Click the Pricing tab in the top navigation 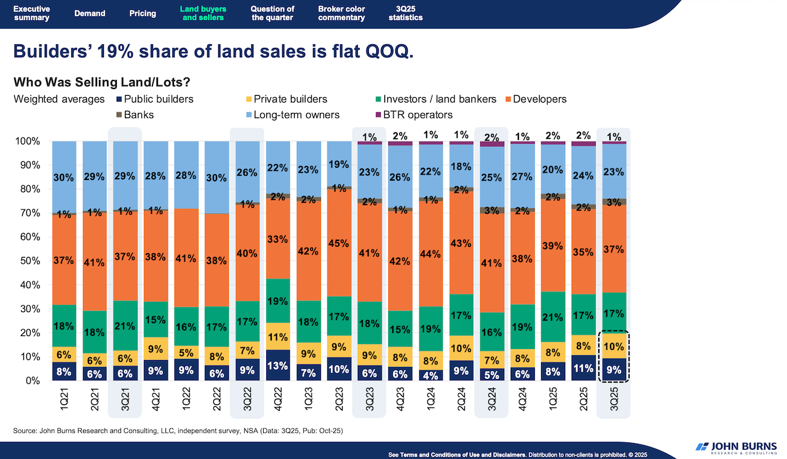coord(143,14)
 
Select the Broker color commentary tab coord(341,14)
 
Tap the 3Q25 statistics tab coord(405,14)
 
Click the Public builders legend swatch coord(119,99)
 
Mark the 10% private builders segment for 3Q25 coord(614,346)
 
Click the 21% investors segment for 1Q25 coord(552,317)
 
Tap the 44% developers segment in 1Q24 coord(431,253)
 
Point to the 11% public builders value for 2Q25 coord(583,368)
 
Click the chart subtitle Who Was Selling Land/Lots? coord(101,82)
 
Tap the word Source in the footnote coord(26,431)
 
